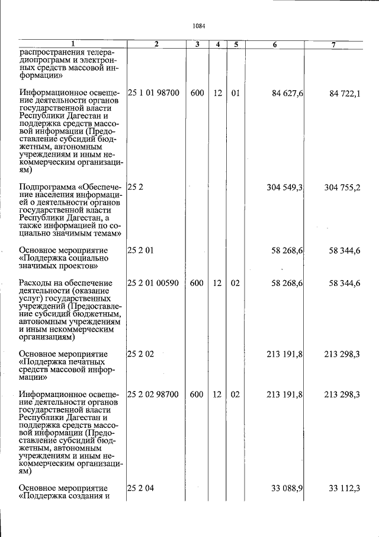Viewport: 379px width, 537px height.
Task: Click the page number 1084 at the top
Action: tap(198, 26)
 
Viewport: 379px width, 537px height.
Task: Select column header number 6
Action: tap(275, 45)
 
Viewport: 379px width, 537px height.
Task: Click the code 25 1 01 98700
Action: tap(153, 93)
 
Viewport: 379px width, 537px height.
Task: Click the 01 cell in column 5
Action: tap(235, 93)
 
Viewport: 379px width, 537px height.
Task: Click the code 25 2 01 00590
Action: tap(153, 284)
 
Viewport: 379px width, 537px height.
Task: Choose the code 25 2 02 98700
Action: tap(153, 394)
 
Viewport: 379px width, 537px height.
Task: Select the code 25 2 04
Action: tap(141, 488)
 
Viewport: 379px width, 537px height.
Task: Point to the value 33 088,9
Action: tap(288, 488)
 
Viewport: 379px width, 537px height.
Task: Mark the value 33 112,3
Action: tap(345, 488)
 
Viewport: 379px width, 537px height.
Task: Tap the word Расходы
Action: tap(34, 284)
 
